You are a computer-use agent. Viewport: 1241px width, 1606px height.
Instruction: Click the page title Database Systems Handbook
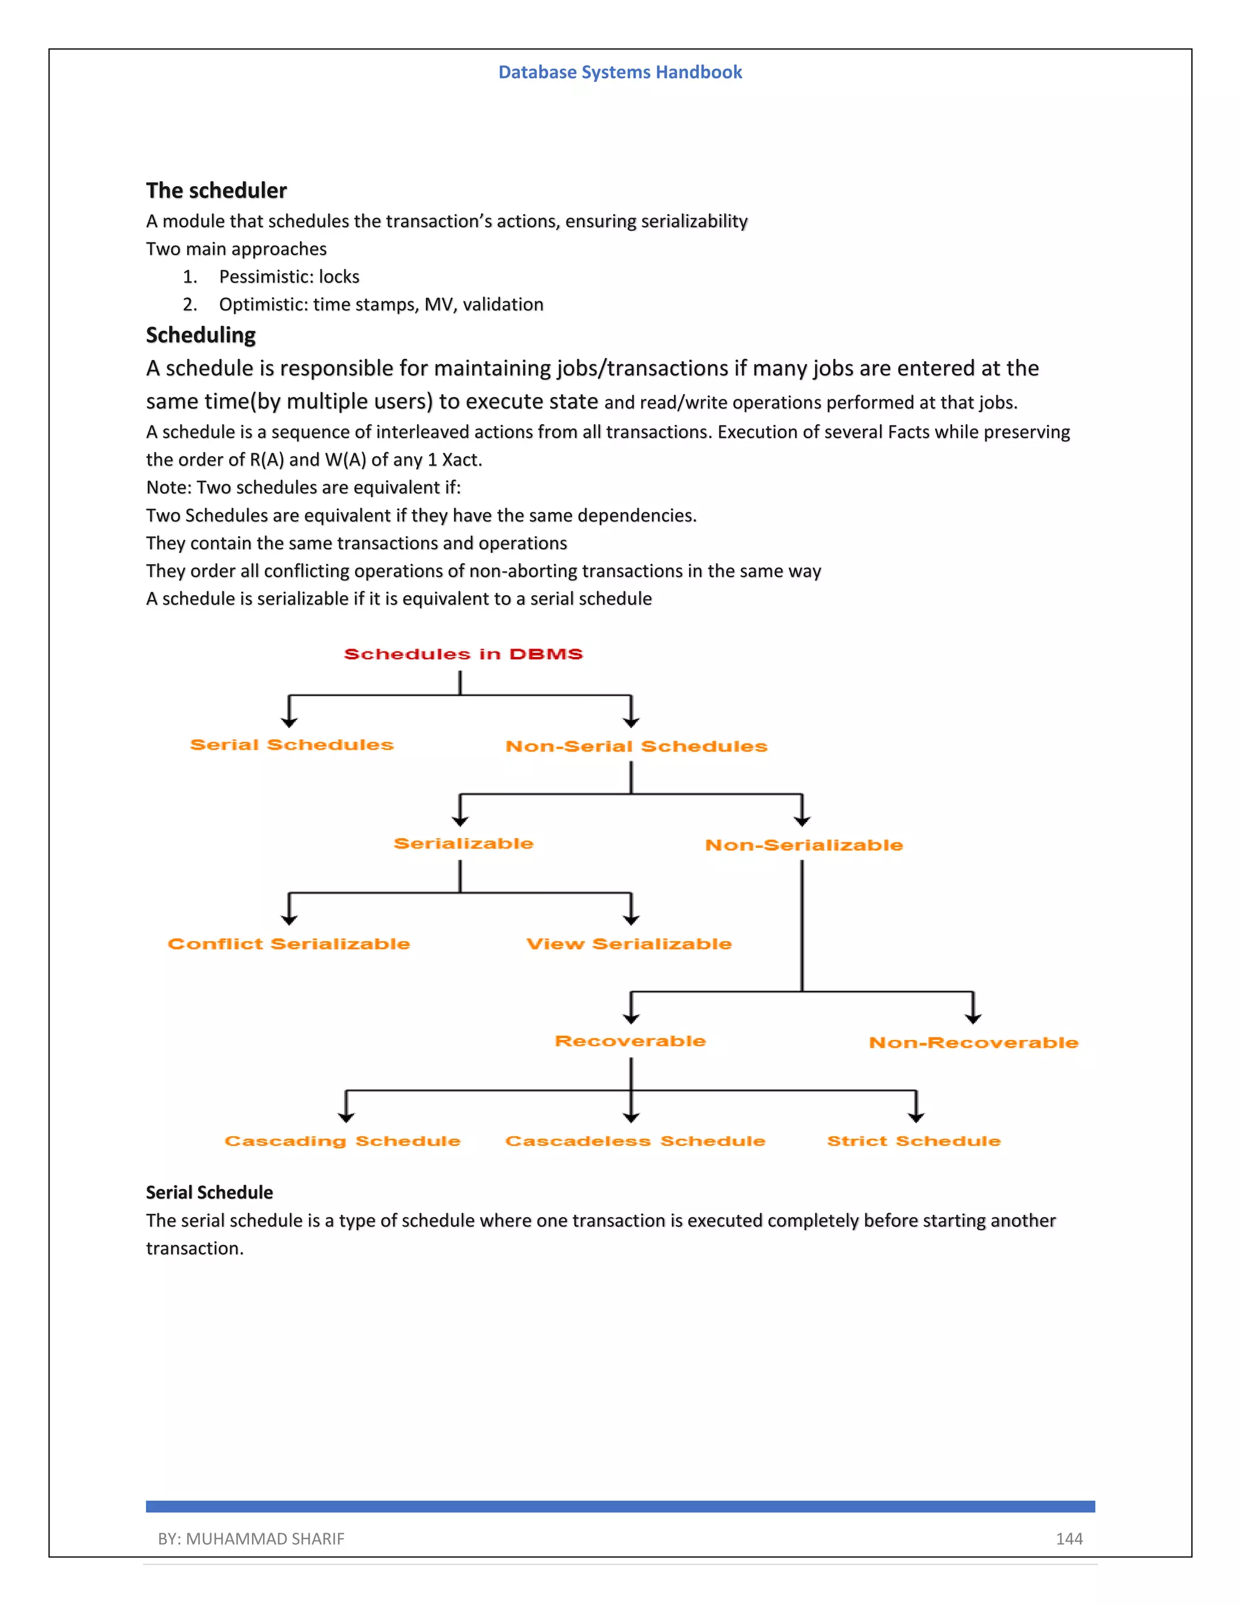[620, 72]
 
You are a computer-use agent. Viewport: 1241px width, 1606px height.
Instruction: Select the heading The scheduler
[216, 190]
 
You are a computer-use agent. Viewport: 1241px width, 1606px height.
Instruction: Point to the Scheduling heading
[201, 335]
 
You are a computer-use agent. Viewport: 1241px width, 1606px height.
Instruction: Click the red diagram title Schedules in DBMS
[463, 654]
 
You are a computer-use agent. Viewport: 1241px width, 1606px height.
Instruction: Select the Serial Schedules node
[292, 745]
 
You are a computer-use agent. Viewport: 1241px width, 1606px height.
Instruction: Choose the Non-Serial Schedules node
[636, 747]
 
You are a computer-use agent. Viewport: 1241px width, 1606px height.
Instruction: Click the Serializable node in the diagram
[463, 844]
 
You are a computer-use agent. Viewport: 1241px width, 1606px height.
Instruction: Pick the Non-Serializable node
[803, 845]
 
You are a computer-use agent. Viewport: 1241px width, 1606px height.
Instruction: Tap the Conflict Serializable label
[289, 944]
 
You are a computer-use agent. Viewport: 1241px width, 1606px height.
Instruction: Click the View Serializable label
[628, 944]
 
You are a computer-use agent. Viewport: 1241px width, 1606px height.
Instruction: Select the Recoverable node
[630, 1041]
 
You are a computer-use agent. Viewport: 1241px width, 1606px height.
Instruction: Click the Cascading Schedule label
[342, 1141]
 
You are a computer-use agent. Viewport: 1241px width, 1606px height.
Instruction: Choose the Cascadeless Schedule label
[635, 1141]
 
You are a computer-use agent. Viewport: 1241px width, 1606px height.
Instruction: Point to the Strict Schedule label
[914, 1141]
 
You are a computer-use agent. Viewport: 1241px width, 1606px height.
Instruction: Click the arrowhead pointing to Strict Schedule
[916, 1116]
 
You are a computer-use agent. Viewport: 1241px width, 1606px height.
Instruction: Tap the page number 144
[1069, 1538]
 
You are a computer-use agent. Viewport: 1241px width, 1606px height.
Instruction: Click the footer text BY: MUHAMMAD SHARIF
[251, 1538]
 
